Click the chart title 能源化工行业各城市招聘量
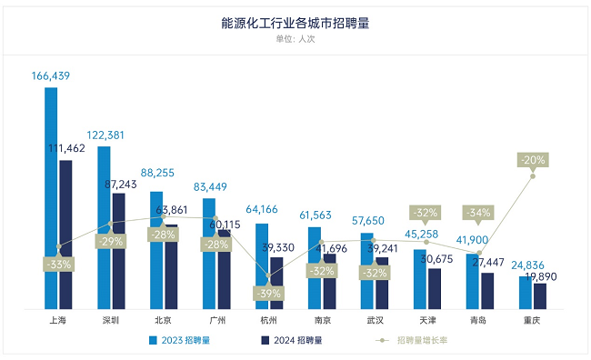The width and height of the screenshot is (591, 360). tap(295, 23)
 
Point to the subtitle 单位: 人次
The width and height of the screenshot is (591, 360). tap(295, 38)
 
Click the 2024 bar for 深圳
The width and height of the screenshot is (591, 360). tap(119, 251)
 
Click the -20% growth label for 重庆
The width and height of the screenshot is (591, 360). tap(533, 160)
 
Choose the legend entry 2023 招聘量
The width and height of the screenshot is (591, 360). tap(186, 340)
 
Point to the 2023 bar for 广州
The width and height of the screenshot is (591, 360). tap(209, 254)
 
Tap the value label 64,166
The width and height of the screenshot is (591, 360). tap(263, 211)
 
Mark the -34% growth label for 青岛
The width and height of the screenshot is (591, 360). tap(479, 213)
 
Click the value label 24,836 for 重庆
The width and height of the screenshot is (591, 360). tap(526, 265)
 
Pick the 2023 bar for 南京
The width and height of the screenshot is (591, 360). tap(315, 268)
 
